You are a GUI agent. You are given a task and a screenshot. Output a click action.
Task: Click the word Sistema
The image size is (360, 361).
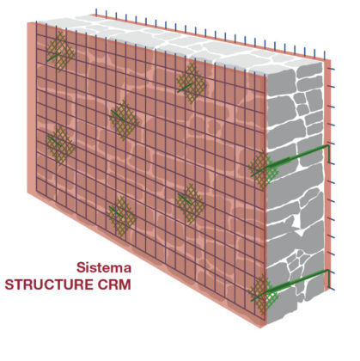(104, 267)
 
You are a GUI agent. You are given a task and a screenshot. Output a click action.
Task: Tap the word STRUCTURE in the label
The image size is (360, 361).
(50, 285)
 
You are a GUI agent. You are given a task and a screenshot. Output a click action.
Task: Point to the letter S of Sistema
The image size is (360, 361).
(81, 267)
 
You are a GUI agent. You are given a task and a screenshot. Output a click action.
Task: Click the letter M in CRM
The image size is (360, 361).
(125, 285)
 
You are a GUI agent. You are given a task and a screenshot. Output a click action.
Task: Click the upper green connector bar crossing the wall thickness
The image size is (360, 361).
(290, 161)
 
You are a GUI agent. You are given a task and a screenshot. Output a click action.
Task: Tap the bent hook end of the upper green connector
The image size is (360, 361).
(328, 154)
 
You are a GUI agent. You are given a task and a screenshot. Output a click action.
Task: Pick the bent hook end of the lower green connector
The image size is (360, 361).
(328, 278)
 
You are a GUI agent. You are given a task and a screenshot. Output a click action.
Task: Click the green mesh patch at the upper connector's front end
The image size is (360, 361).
(264, 169)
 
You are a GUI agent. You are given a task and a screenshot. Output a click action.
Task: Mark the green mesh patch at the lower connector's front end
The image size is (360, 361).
(264, 294)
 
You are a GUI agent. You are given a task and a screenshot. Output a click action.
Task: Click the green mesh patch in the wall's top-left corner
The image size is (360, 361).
(60, 52)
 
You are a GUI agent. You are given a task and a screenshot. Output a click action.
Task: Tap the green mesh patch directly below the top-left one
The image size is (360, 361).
(60, 145)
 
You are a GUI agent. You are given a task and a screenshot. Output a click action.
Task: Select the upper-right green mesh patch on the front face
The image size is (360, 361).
(191, 83)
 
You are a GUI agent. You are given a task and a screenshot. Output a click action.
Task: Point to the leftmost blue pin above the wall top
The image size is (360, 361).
(96, 12)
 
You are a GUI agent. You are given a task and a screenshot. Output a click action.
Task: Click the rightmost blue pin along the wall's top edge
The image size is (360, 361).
(325, 55)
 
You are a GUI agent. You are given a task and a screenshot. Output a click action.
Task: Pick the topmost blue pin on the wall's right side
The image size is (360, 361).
(332, 69)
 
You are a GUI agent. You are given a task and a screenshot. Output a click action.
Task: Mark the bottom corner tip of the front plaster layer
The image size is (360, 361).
(260, 327)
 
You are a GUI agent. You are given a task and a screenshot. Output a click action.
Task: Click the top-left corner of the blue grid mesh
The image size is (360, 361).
(36, 22)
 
